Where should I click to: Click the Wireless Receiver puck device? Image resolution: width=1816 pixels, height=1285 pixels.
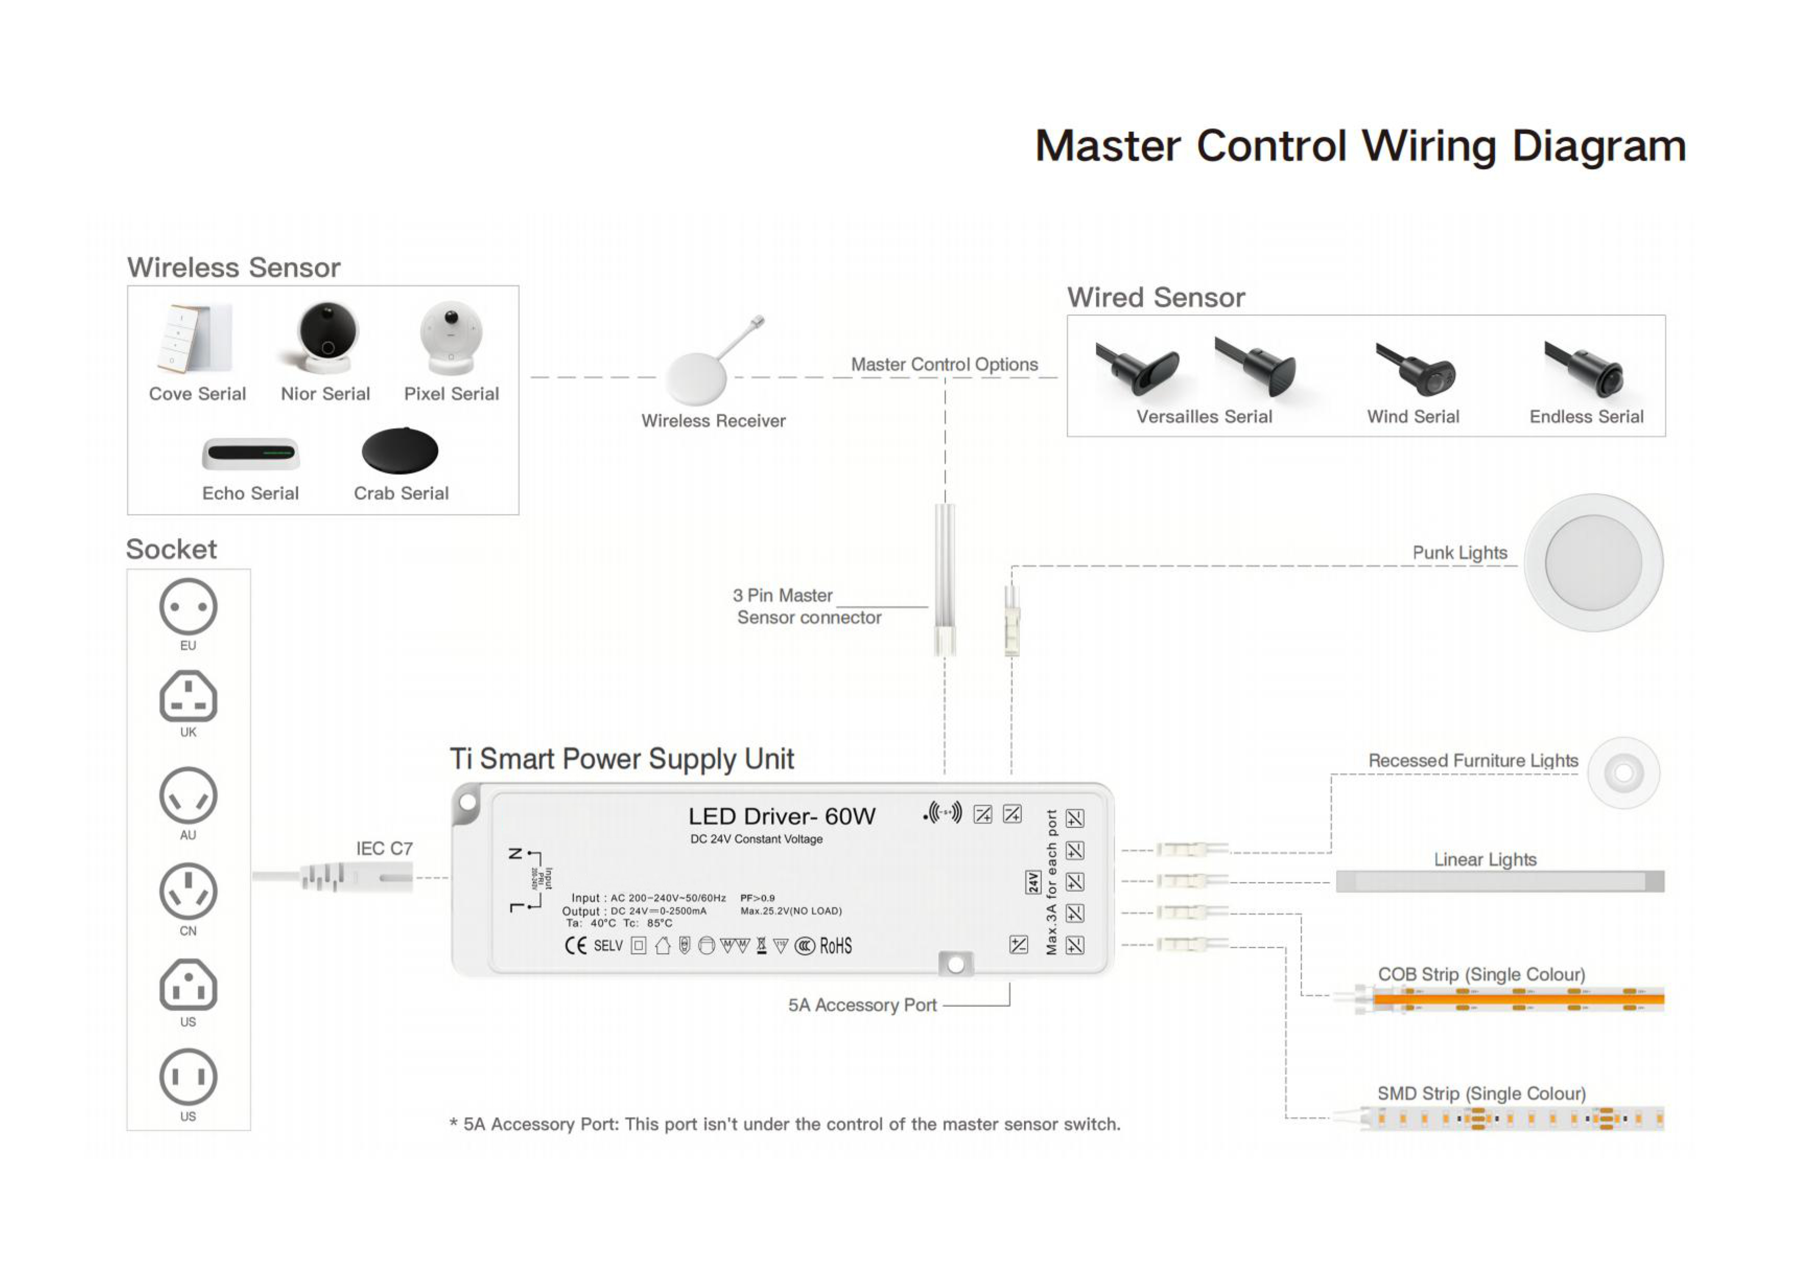click(x=696, y=378)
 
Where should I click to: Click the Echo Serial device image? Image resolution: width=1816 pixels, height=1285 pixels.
click(x=251, y=453)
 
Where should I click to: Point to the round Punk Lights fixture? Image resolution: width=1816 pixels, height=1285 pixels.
click(x=1593, y=562)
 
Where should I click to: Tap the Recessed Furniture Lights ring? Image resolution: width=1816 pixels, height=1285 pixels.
click(x=1623, y=773)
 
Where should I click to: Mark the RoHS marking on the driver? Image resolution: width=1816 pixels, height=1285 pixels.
click(x=835, y=946)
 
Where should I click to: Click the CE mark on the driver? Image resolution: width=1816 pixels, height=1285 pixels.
click(x=576, y=946)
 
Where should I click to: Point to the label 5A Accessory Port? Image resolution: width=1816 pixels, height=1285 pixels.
click(x=862, y=1005)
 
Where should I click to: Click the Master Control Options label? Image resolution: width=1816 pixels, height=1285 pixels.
click(x=944, y=365)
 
